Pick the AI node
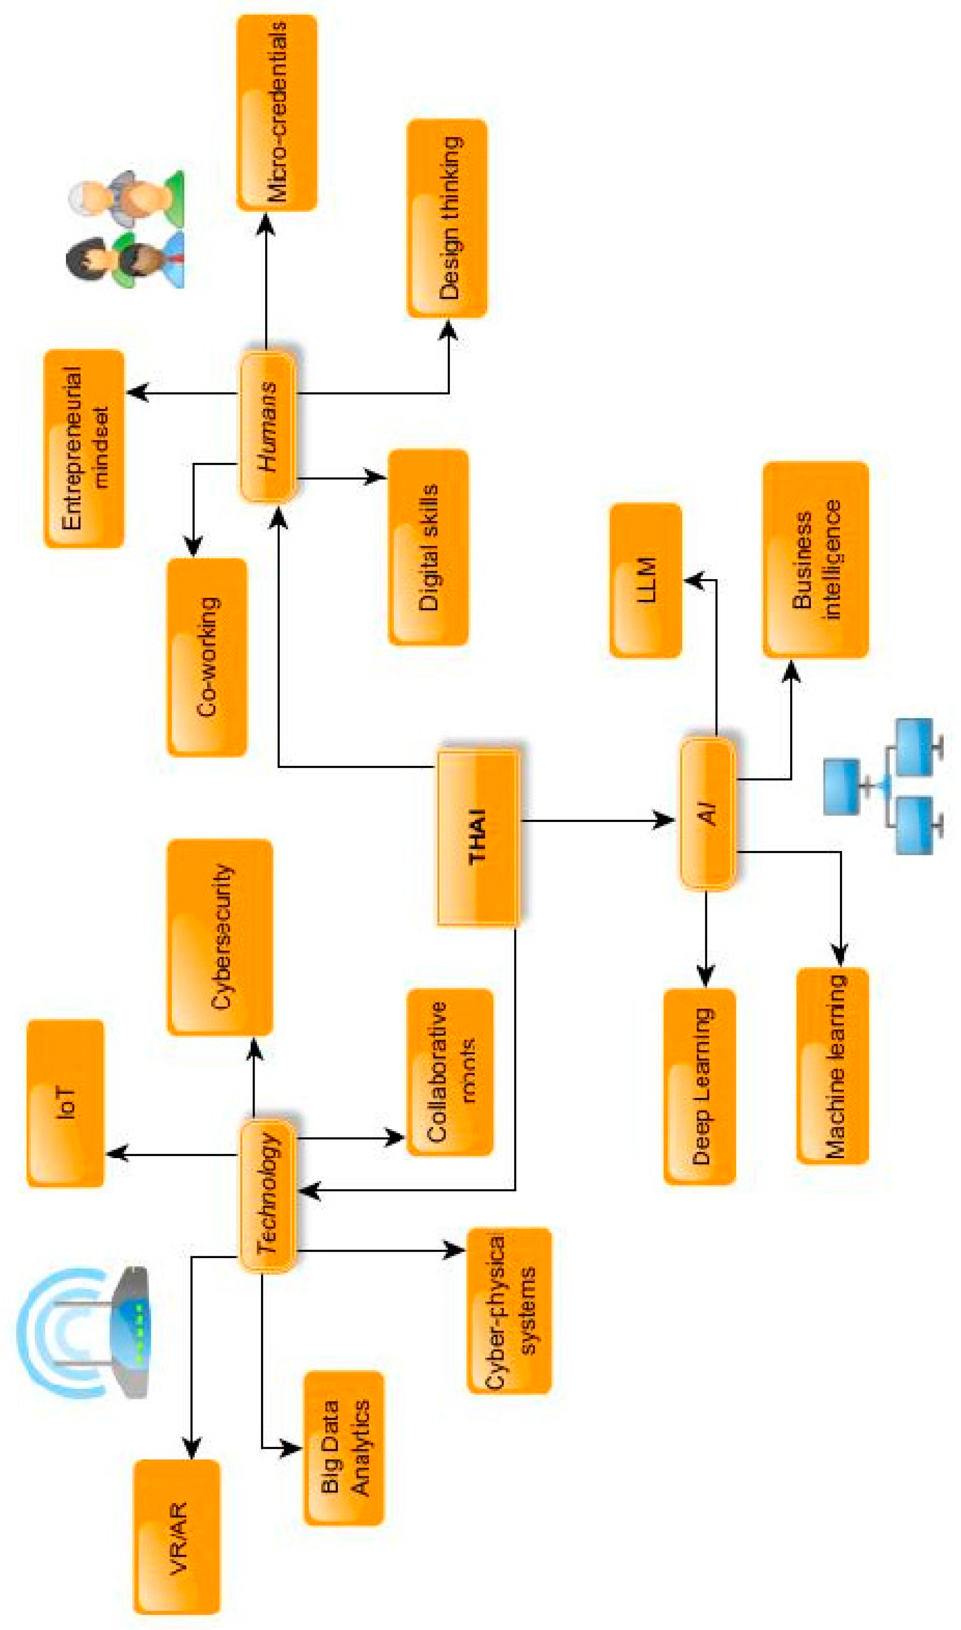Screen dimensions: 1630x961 coord(708,812)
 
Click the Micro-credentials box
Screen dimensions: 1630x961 coord(276,113)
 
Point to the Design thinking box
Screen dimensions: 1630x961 coord(447,218)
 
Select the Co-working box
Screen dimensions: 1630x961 coord(207,657)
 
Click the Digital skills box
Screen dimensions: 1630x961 coord(428,547)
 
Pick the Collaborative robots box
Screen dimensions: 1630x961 coord(450,1072)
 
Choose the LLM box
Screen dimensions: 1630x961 coord(646,581)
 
